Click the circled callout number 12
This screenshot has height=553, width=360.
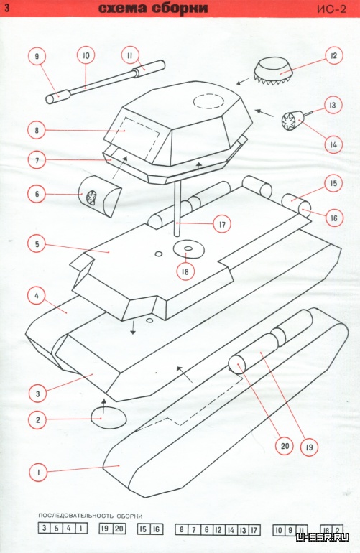(x=333, y=56)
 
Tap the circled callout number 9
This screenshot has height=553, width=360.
(x=37, y=56)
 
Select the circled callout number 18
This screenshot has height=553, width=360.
(x=185, y=271)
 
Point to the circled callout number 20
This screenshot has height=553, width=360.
(x=285, y=446)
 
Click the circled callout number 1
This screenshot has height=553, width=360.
(x=38, y=472)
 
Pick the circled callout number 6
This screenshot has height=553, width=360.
(x=37, y=194)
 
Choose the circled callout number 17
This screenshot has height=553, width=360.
(x=222, y=223)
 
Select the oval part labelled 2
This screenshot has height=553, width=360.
(x=109, y=417)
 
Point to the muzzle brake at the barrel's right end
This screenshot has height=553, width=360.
(x=149, y=67)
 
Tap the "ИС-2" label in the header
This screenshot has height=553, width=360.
(x=331, y=9)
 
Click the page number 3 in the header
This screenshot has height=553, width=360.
(x=6, y=9)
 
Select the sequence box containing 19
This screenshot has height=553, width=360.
(x=106, y=529)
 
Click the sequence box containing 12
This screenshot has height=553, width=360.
(x=218, y=529)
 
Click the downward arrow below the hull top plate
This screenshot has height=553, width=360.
(x=133, y=327)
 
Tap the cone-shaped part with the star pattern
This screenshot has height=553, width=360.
(x=292, y=121)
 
